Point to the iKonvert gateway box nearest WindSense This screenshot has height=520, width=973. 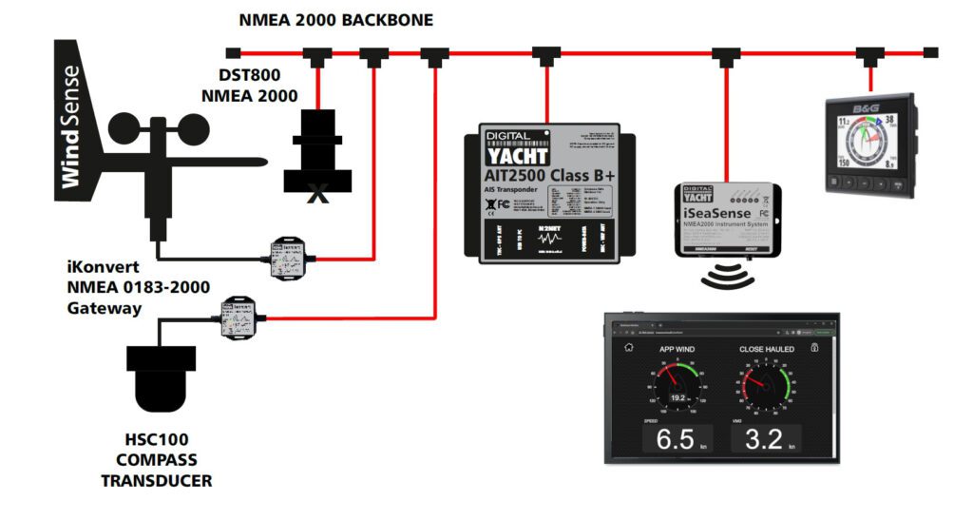(293, 258)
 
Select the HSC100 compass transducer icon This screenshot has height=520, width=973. (161, 375)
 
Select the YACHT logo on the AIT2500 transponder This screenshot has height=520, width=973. (518, 153)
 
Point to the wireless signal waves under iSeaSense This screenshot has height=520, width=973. (727, 278)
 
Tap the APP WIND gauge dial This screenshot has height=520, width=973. (677, 385)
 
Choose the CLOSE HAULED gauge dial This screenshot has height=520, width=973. (766, 385)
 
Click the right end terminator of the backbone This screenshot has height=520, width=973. (931, 52)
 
